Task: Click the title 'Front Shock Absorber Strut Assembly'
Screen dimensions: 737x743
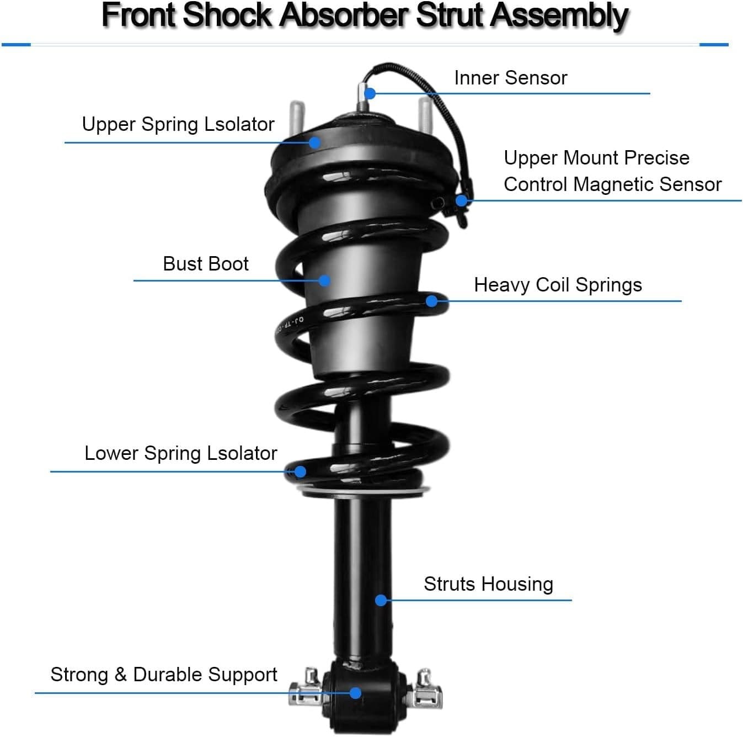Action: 365,15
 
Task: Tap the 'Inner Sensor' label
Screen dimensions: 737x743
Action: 510,78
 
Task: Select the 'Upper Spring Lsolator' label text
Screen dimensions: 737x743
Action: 178,124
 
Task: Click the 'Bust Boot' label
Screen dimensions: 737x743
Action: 206,264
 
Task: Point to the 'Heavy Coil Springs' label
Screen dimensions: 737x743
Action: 558,285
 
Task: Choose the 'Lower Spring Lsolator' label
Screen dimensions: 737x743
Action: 180,453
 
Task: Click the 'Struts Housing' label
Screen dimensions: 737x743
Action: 488,584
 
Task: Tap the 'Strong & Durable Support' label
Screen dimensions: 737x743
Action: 163,675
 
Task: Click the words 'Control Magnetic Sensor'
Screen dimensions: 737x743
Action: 612,184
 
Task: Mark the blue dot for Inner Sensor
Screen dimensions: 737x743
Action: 370,93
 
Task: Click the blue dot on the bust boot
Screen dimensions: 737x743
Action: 325,280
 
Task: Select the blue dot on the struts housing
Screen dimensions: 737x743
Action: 381,600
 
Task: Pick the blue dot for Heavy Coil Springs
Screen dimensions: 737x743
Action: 432,301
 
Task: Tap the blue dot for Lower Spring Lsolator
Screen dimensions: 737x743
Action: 300,471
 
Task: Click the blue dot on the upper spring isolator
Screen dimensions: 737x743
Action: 314,142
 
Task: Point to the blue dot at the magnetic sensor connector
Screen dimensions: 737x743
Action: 461,200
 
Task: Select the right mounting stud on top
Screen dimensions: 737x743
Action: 425,114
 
